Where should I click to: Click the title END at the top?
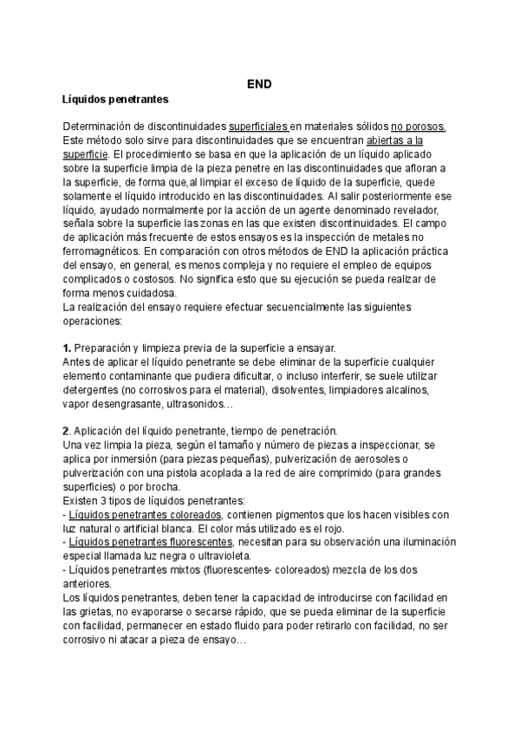coord(259,84)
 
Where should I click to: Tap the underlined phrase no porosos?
coord(419,127)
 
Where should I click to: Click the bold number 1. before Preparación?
coord(68,347)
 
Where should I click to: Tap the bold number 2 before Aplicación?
coord(67,431)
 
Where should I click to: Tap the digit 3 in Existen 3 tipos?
coord(107,501)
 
